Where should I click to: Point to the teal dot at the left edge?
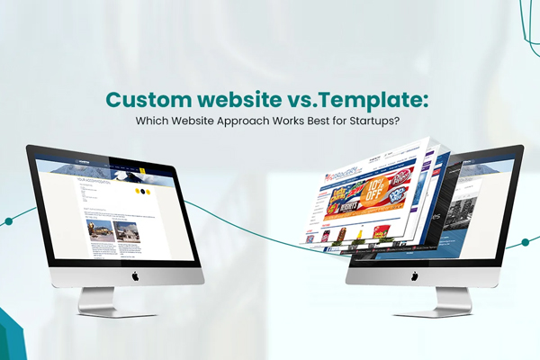click(x=7, y=219)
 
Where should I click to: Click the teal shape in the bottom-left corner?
click(x=11, y=337)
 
